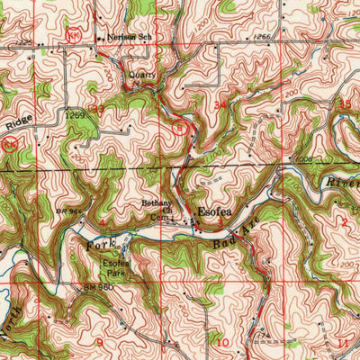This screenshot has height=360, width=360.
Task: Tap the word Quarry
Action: point(142,76)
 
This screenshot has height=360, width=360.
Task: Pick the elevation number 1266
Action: point(262,37)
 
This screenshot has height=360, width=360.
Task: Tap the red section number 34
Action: point(220,106)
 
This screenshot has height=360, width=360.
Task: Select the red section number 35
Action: point(343,104)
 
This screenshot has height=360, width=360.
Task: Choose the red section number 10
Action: point(220,343)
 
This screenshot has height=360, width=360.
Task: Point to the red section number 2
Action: point(343,220)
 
